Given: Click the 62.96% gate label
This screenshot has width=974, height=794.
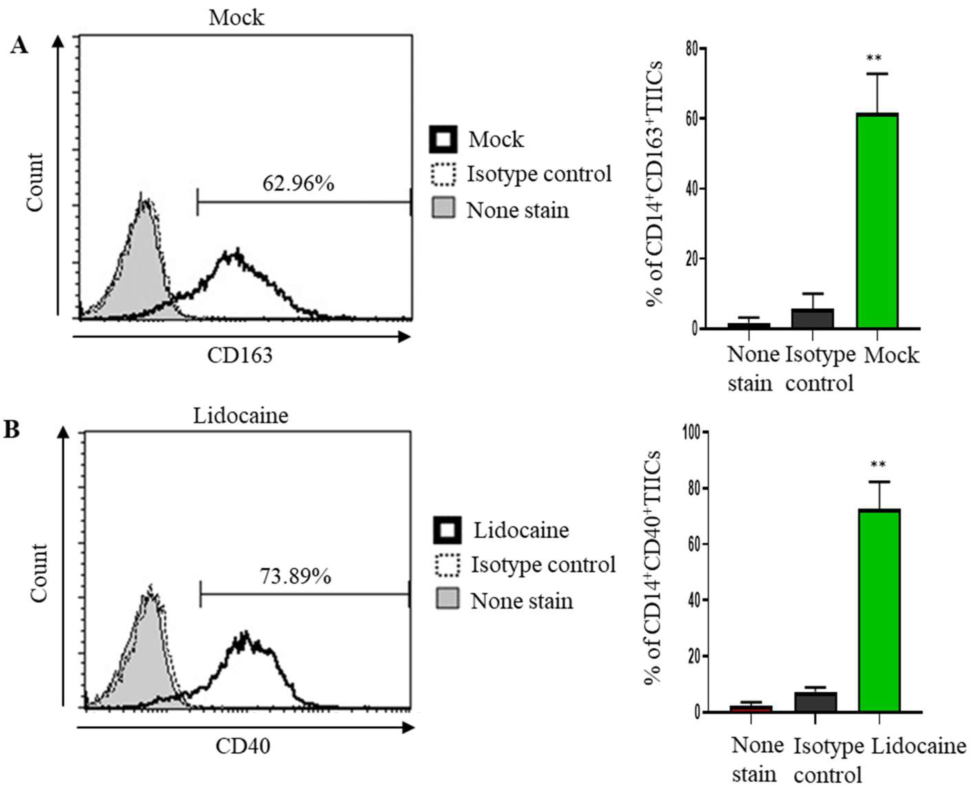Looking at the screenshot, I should coord(298,184).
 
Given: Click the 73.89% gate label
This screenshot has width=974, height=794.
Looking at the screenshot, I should coord(295,576).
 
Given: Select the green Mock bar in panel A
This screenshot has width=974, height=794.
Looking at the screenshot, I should coord(877,220).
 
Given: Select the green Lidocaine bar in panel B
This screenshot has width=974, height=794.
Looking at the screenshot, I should coord(879,610).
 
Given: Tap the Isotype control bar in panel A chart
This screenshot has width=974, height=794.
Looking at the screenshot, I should coord(812,318).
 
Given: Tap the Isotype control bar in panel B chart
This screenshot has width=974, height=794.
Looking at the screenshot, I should coord(816,702).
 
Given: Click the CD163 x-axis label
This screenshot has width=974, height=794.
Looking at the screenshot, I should coord(239,355).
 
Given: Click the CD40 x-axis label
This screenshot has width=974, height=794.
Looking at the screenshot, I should coord(243,746).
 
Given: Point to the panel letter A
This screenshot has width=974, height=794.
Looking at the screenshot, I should coord(19,46).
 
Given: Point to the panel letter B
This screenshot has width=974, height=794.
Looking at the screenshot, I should coord(12,430).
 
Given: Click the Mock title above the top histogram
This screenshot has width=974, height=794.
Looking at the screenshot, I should coord(236,17).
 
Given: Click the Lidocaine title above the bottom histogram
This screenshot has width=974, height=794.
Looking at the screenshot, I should coord(241,416).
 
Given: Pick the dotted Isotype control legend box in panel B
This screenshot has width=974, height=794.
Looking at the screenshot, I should coord(447,565).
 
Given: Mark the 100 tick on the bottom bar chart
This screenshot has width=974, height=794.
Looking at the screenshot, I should coord(692,432).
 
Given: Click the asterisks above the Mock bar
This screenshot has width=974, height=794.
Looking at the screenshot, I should coord(874,59).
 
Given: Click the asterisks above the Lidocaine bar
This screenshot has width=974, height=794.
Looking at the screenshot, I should coord(878,465).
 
